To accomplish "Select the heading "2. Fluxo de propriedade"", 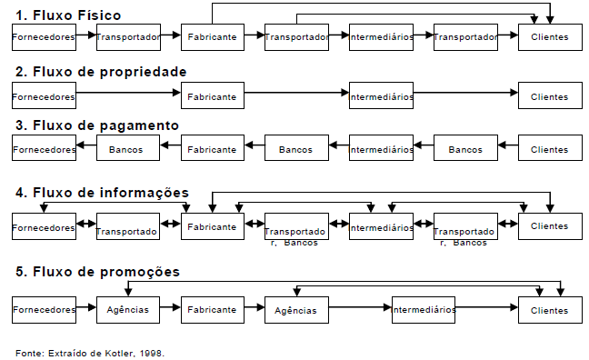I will (101, 71).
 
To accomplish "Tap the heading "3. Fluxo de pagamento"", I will (96, 125).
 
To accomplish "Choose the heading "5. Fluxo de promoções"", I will (96, 271).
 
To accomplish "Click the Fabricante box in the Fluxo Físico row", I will (212, 37).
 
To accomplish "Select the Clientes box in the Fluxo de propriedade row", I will (549, 95).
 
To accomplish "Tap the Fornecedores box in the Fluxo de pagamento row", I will (44, 149).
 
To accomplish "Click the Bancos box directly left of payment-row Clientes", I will (465, 149).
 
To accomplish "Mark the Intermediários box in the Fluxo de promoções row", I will (424, 310).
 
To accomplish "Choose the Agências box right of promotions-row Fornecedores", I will (127, 310).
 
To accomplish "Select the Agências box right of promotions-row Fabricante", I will (296, 310).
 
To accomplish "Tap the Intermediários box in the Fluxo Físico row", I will (381, 37).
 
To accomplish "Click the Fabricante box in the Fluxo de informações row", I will (212, 226).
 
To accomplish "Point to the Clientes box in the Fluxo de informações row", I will (549, 225).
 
